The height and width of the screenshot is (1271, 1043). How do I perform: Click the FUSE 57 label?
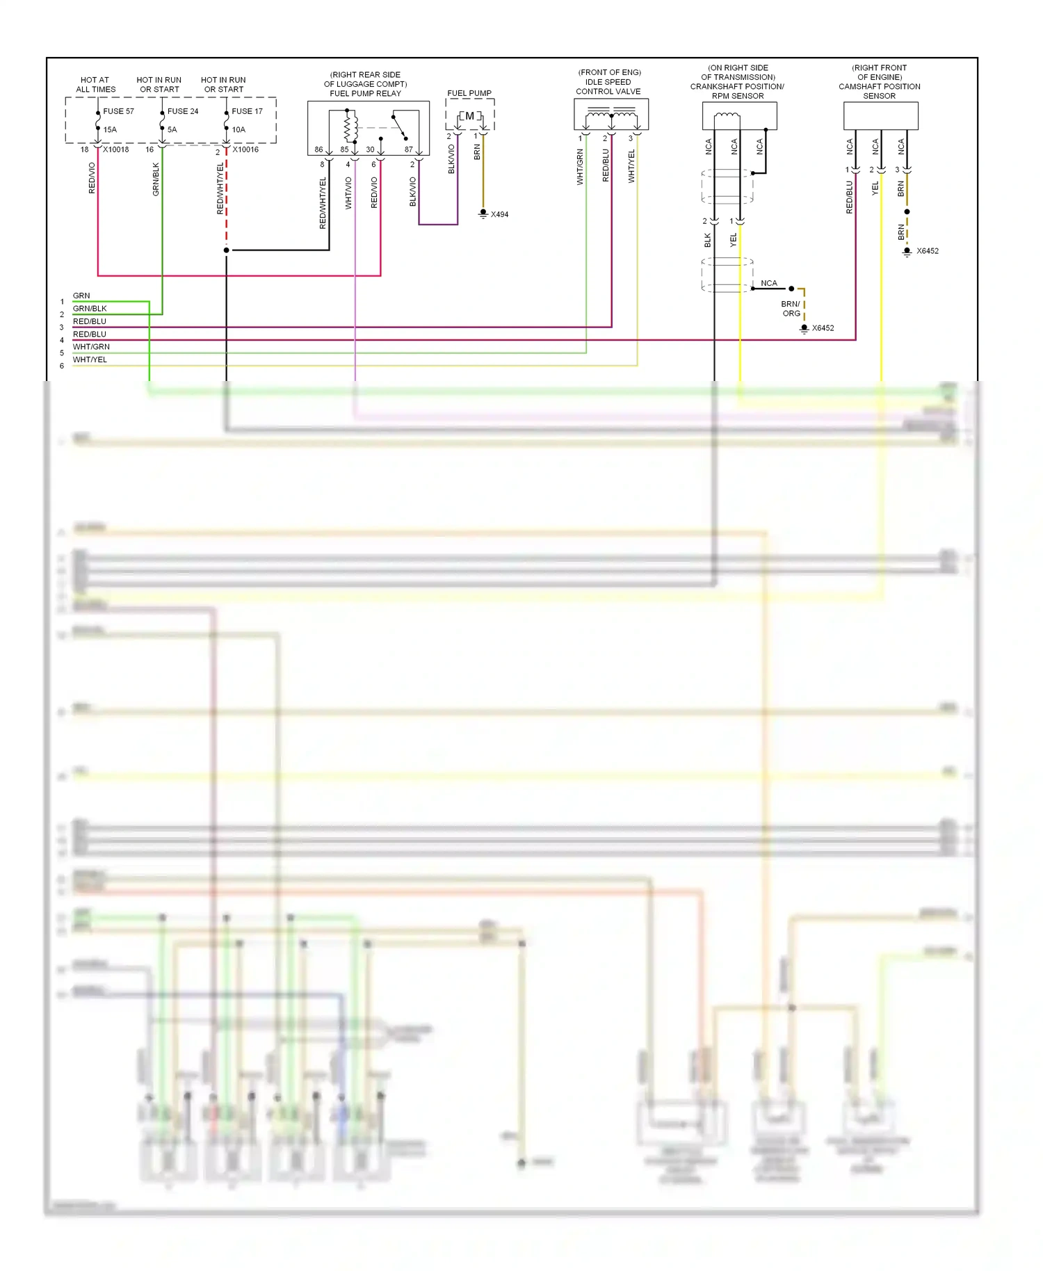[118, 111]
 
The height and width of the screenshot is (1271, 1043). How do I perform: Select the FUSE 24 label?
[183, 111]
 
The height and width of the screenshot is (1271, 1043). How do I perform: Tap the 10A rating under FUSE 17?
[238, 130]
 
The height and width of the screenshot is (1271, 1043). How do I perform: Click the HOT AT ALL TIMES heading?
[95, 85]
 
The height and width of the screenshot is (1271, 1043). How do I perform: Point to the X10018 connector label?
[116, 149]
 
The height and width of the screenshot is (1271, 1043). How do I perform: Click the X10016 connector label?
[245, 149]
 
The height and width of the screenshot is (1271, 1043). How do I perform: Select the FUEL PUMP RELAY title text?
[365, 93]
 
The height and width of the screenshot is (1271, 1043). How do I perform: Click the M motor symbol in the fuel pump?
[469, 116]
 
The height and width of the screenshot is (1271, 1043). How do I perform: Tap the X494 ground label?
[499, 214]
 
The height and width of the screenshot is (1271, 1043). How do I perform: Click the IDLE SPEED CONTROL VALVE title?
[608, 86]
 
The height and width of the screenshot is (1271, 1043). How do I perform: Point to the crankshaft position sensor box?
[739, 116]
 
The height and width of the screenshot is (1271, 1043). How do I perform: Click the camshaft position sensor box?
[880, 116]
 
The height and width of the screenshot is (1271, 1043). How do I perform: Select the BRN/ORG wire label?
[791, 309]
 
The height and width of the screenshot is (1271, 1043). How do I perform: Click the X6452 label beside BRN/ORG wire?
[823, 328]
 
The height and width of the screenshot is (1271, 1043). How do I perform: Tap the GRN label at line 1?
[81, 296]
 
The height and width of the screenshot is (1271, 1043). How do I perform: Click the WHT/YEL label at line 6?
[90, 359]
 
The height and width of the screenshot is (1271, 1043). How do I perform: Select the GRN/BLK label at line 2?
[90, 308]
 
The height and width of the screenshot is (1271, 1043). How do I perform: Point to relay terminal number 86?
[318, 149]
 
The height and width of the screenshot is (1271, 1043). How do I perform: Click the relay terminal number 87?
[408, 149]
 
